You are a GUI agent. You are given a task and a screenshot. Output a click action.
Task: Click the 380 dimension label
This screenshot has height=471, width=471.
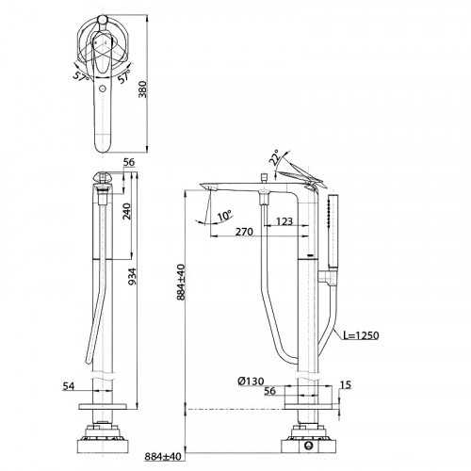point(142,89)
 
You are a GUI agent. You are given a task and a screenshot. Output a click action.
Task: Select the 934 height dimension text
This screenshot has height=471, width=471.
point(133,276)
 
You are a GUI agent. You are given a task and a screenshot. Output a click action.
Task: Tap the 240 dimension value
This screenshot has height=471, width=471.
point(126,211)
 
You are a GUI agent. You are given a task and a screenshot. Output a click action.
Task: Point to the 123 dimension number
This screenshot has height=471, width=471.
point(284,221)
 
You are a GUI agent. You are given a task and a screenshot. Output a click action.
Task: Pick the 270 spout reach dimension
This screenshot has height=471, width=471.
point(244,232)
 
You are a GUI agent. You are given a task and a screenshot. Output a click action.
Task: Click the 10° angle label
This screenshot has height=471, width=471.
point(225,216)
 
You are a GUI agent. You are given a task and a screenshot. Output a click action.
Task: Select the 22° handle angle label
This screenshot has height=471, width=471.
point(274,157)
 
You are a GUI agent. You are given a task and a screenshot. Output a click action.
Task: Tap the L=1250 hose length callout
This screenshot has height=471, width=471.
point(361,335)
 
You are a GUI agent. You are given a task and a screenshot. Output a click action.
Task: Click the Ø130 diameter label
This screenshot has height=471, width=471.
point(251,382)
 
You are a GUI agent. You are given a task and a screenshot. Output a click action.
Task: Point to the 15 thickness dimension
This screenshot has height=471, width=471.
point(346,384)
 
